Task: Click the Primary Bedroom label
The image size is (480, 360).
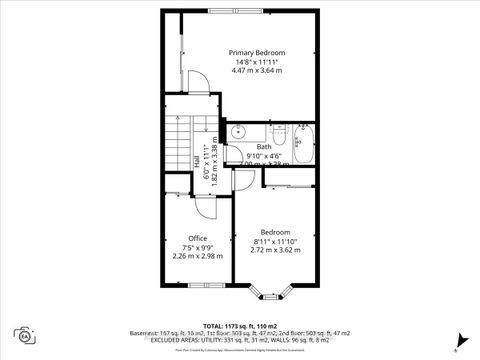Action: (x=256, y=52)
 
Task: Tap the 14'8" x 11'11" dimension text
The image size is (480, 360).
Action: (x=256, y=62)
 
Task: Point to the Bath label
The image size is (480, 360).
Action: (x=263, y=147)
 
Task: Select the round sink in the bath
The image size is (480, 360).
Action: (x=239, y=131)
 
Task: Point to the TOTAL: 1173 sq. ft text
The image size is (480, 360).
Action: (x=239, y=327)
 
